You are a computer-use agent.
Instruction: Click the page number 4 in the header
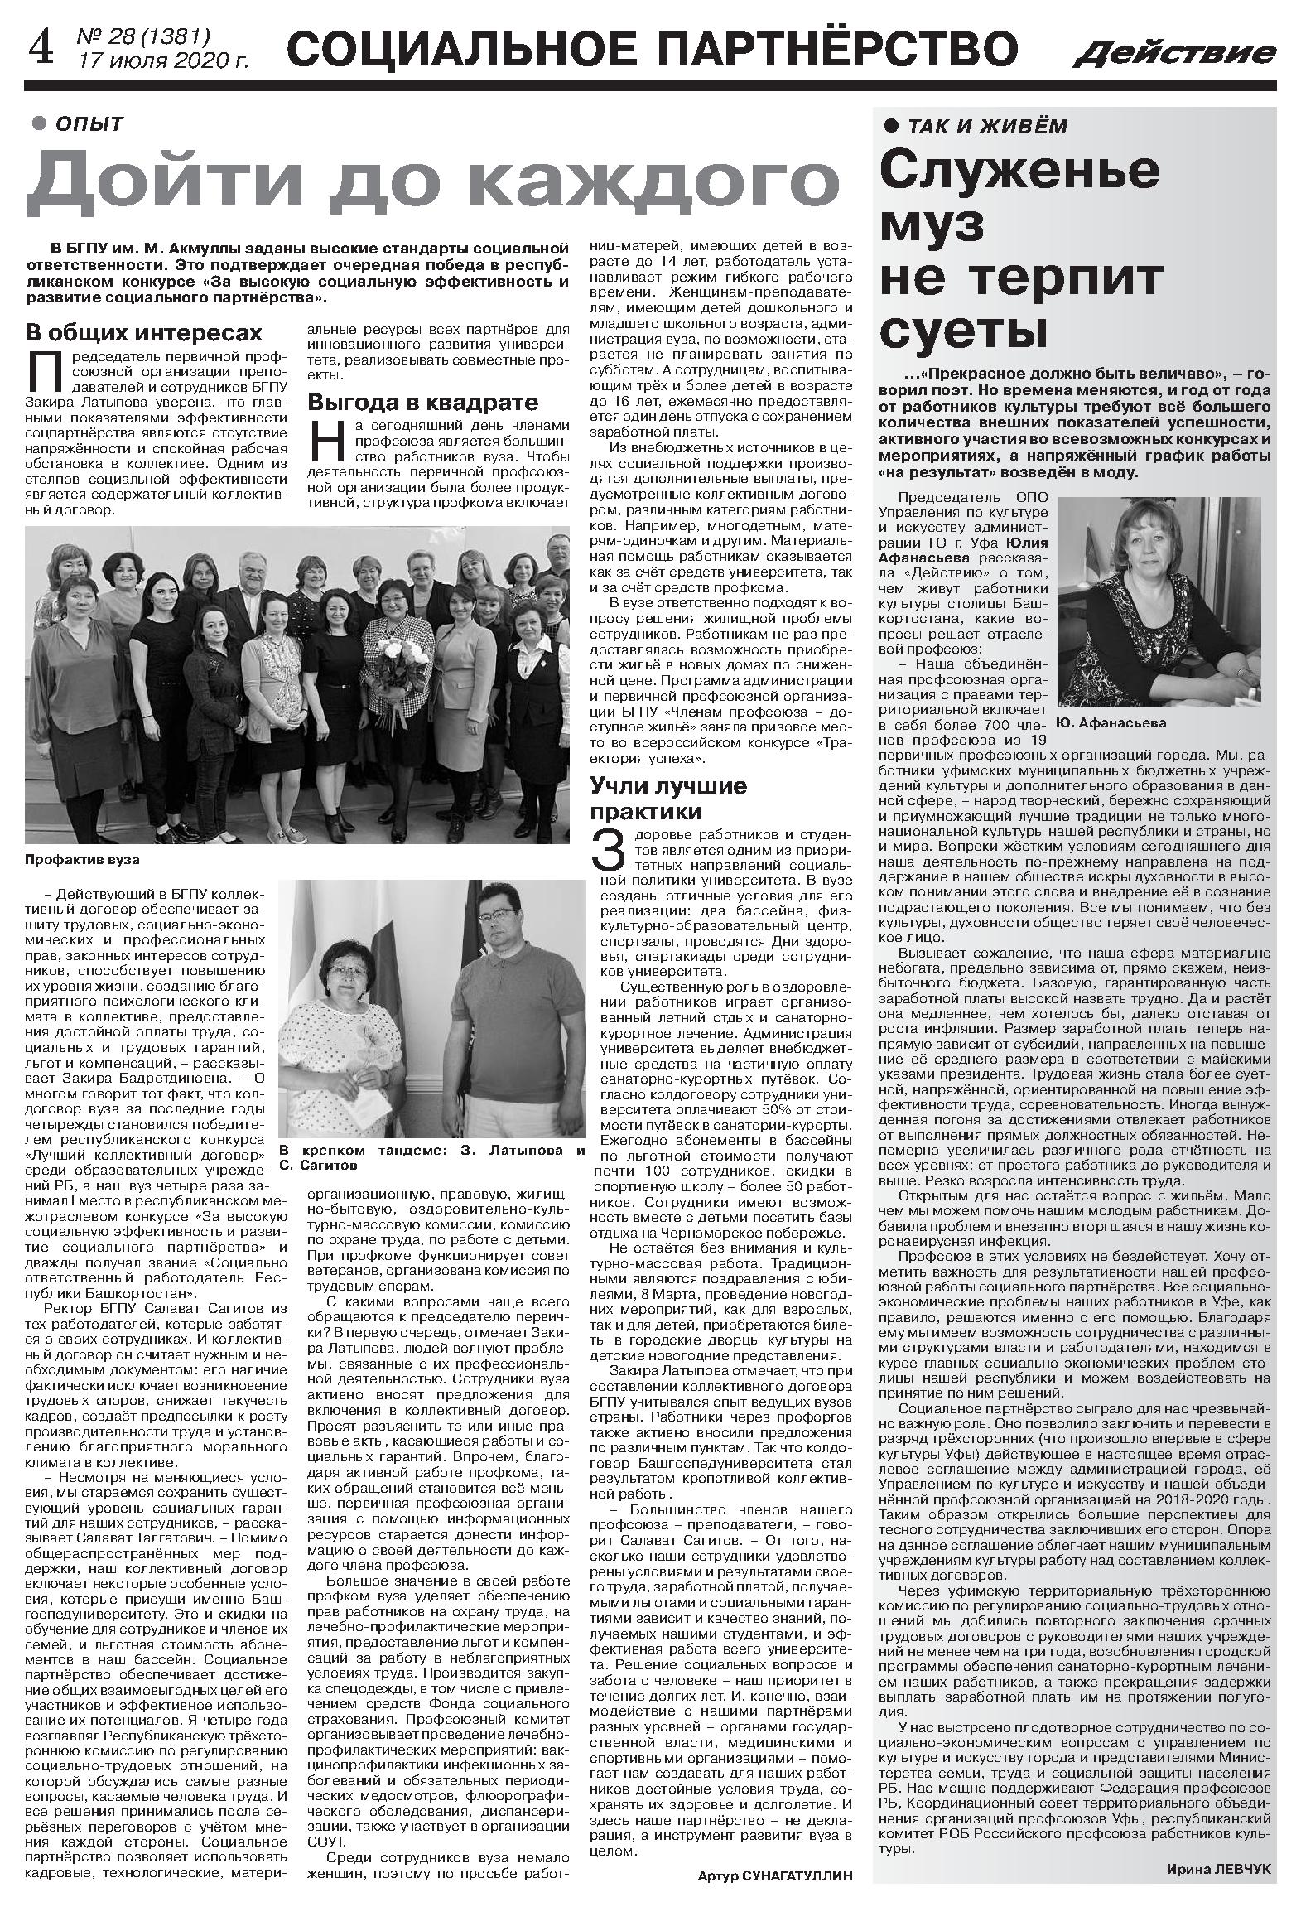40,50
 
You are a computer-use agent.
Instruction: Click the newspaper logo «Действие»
1175,55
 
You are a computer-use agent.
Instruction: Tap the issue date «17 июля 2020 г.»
162,60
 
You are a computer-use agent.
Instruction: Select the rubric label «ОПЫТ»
89,124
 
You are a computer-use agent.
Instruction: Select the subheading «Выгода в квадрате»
423,403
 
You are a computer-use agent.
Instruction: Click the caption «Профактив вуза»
82,860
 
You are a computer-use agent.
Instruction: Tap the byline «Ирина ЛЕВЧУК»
1218,1862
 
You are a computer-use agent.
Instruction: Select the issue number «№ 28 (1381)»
143,37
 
